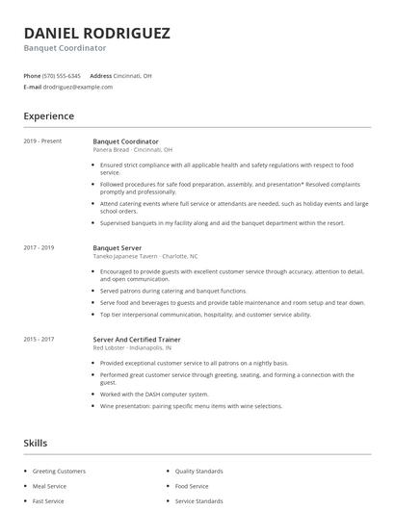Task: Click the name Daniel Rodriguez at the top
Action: (96, 33)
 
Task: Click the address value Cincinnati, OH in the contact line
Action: (134, 75)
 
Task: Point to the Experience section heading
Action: (48, 116)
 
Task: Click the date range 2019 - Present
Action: (42, 141)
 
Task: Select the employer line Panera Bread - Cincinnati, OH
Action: (133, 150)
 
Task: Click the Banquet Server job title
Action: (118, 247)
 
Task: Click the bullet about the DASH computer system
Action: (154, 394)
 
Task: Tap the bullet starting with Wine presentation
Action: (191, 406)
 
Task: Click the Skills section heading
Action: (36, 443)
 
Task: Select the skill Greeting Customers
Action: (59, 472)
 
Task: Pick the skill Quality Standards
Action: (199, 472)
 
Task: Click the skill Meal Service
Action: (50, 486)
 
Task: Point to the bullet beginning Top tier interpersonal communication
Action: (205, 314)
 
